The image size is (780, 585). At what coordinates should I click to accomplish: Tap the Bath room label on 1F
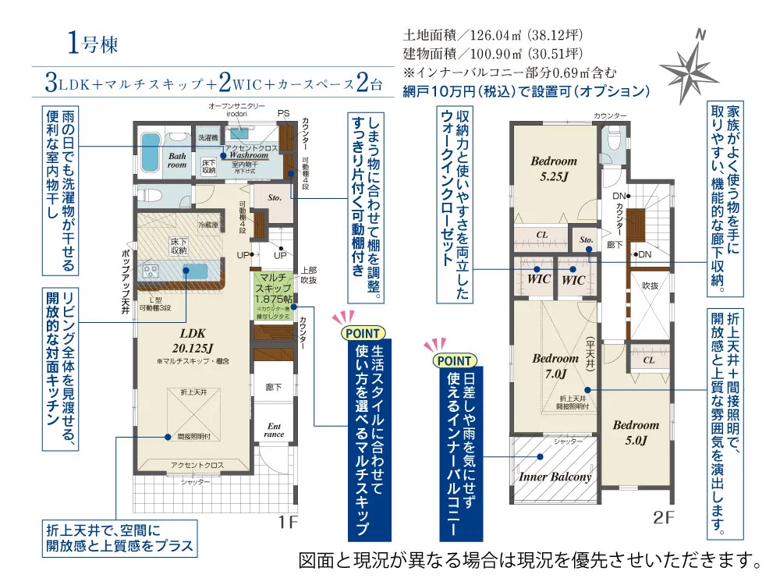[177, 160]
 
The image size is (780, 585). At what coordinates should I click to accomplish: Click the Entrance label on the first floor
[275, 430]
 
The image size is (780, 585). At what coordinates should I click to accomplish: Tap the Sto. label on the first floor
[275, 198]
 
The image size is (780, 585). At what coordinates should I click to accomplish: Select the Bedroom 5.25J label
[554, 168]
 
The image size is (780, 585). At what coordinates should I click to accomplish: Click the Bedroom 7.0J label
[555, 367]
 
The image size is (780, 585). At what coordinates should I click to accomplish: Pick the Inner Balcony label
[555, 477]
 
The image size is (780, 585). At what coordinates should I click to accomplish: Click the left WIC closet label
[539, 278]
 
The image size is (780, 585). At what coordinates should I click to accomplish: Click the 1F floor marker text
[286, 522]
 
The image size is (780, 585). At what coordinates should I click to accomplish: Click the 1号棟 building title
[93, 44]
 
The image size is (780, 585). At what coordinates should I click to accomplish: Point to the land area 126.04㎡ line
[493, 36]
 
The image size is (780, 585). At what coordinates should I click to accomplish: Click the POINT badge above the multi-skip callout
[363, 332]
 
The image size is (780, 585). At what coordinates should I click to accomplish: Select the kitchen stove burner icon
[150, 271]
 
